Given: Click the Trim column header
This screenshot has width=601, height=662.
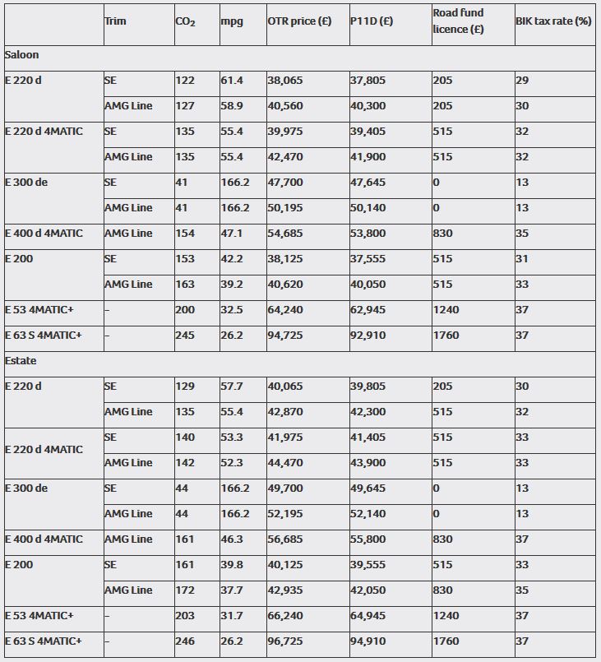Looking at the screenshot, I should [115, 21].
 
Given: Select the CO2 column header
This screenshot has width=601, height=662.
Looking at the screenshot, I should [185, 21].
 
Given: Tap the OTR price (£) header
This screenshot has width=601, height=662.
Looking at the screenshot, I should [299, 21].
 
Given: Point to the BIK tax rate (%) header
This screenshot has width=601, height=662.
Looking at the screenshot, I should [553, 21].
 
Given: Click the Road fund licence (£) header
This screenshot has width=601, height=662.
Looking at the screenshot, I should [458, 21].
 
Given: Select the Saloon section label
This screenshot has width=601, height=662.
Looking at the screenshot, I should [21, 55].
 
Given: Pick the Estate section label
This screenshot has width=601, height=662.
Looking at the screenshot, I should [21, 361].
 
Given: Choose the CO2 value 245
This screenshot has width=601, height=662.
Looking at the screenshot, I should [185, 336].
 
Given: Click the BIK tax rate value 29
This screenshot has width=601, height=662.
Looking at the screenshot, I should [522, 81].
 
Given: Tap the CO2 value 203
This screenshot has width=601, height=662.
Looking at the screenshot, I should [185, 616].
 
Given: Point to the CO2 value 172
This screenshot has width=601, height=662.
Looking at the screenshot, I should [185, 590].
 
